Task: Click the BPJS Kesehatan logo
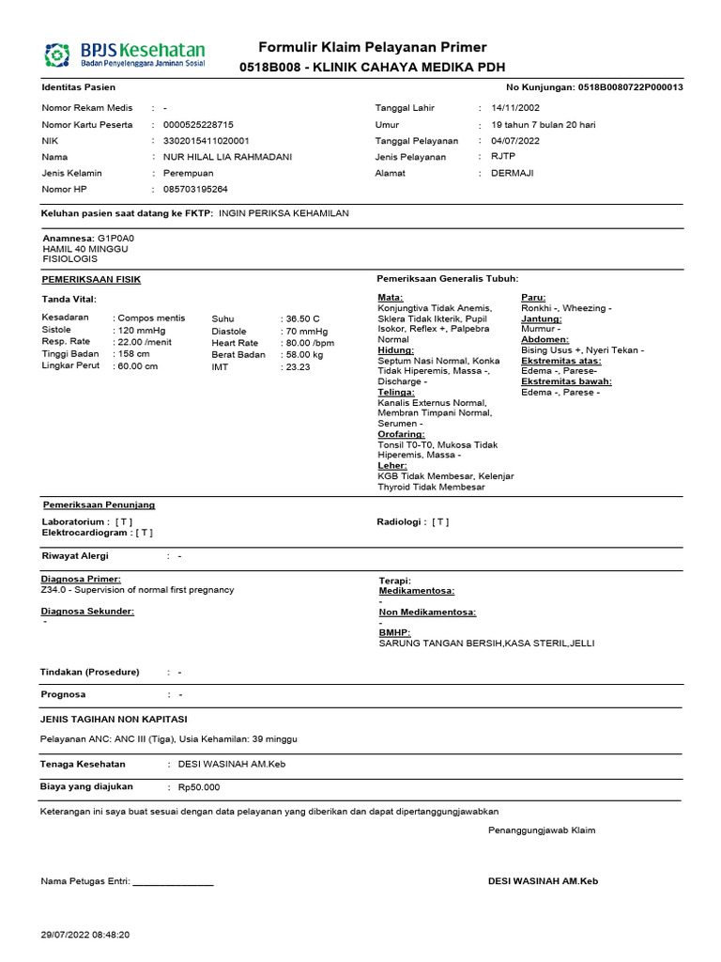click(x=125, y=55)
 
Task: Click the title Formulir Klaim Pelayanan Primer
click(x=373, y=47)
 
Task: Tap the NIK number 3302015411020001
click(x=207, y=141)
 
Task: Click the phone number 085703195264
click(x=195, y=190)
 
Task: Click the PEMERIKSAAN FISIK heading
click(x=91, y=280)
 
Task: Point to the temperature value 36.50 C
click(x=301, y=318)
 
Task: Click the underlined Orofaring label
click(x=401, y=434)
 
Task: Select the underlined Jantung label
click(x=541, y=318)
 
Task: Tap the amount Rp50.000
click(x=198, y=787)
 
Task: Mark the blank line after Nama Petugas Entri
click(x=174, y=883)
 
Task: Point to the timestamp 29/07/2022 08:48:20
click(x=85, y=935)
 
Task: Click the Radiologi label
click(x=401, y=521)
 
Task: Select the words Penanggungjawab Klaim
click(x=542, y=830)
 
